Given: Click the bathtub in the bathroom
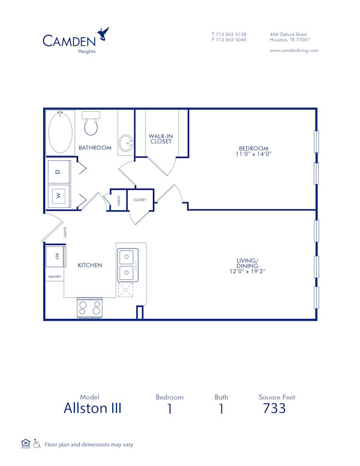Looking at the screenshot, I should click(60, 131).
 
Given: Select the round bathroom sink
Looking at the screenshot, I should click(126, 144).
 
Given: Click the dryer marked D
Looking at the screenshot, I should click(59, 172).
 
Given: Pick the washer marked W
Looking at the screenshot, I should click(59, 195).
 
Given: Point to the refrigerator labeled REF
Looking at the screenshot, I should click(57, 256).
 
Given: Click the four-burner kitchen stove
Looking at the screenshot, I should click(89, 307).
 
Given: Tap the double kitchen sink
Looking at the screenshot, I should click(127, 265).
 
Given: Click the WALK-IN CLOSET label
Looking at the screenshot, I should click(161, 139).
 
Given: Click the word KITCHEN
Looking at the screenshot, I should click(89, 265).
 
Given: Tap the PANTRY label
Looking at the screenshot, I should click(55, 277).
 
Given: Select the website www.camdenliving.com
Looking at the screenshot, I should click(294, 50).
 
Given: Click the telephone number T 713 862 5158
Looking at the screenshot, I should click(229, 34).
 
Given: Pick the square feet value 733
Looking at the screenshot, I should click(275, 409).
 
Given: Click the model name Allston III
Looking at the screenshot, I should click(92, 409).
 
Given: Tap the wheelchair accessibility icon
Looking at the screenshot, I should click(37, 444).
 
